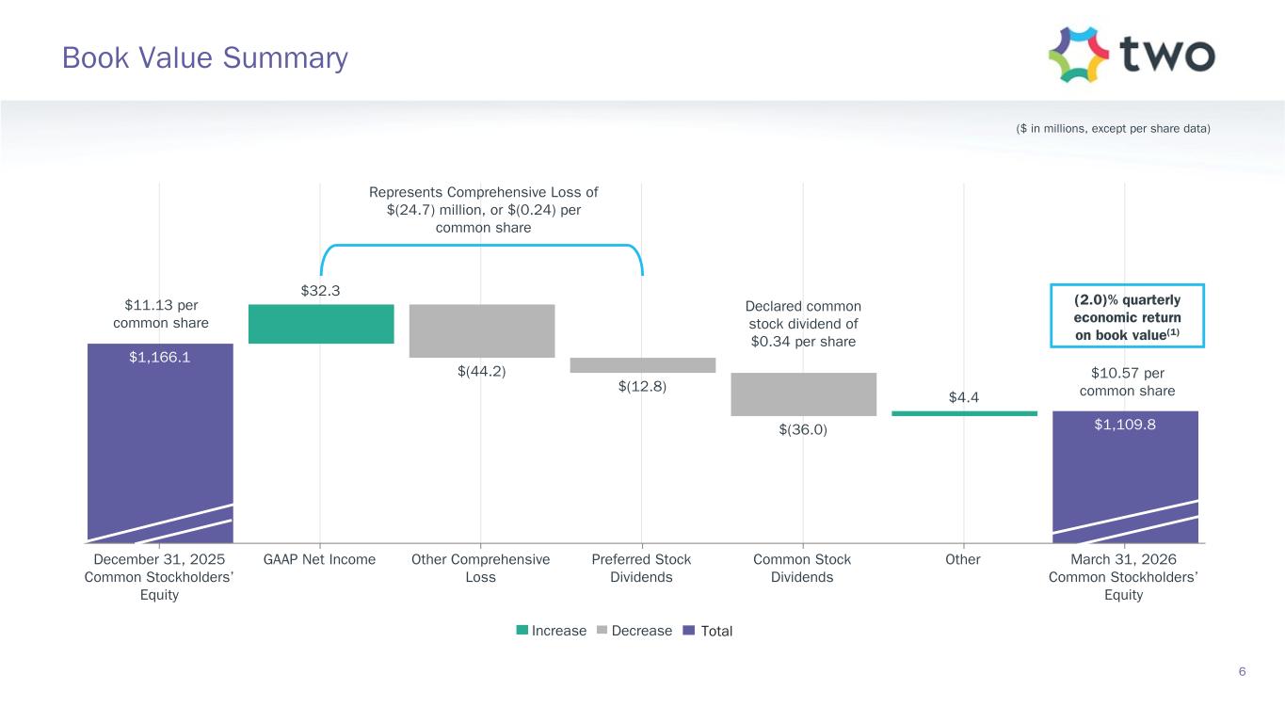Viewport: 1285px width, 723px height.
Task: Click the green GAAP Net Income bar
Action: [321, 324]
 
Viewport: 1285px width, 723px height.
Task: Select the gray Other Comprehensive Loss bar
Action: [482, 331]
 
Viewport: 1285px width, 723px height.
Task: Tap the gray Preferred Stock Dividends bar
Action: [642, 365]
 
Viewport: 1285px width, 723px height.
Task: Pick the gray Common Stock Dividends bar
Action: [803, 394]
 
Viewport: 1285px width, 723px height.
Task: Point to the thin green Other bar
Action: [964, 413]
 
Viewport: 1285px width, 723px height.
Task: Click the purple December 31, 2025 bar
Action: [160, 443]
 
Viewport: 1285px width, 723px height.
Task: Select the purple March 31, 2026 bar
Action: [1125, 477]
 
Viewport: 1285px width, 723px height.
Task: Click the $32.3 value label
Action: [321, 290]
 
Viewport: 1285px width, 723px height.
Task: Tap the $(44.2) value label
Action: [482, 371]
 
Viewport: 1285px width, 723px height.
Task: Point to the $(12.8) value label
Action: [642, 386]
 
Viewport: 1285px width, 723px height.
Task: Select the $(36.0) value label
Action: [803, 430]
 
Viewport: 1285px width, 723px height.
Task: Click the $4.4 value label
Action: [964, 397]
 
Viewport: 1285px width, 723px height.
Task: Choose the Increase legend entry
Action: [552, 631]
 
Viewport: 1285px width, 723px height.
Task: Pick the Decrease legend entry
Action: [634, 631]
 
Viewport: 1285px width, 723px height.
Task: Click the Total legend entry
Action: [708, 631]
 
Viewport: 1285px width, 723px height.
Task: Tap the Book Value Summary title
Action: [205, 58]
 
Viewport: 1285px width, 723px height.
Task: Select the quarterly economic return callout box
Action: [1127, 315]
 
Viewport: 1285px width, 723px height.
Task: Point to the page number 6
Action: [1242, 671]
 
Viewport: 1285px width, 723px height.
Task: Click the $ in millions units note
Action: [1113, 129]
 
